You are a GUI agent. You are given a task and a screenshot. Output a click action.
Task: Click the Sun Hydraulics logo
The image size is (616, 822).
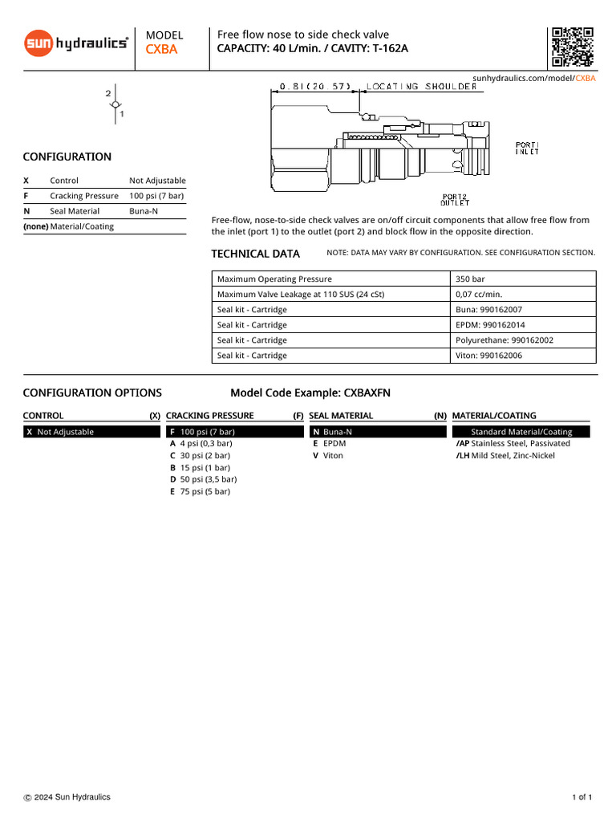coord(76,43)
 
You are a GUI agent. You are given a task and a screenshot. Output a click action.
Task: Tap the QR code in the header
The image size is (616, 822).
coord(573,47)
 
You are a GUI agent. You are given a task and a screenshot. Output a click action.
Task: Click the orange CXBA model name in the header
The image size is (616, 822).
coord(161,50)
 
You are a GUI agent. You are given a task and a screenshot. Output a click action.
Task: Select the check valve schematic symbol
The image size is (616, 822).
coord(115,105)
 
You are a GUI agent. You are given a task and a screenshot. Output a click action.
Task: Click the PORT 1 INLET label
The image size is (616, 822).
coord(527,149)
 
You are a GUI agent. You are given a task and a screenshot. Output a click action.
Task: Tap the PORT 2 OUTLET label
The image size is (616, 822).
coord(455,200)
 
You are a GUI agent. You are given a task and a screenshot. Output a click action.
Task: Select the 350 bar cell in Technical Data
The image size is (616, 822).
coord(470,279)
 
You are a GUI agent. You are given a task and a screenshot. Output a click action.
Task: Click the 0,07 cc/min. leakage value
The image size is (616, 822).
coord(479,295)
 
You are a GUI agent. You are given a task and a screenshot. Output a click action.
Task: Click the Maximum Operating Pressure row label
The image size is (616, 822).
coord(274,279)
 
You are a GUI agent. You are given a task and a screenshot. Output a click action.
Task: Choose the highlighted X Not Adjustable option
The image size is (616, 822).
coord(91,432)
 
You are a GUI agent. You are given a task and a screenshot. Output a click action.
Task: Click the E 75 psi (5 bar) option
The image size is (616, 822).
coord(200,491)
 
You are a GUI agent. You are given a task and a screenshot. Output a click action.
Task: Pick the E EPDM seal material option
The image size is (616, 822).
coord(329,443)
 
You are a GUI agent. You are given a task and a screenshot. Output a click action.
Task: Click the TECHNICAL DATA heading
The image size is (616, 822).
coord(255,254)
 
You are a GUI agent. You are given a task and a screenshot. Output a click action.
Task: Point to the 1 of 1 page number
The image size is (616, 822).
coord(582,797)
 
